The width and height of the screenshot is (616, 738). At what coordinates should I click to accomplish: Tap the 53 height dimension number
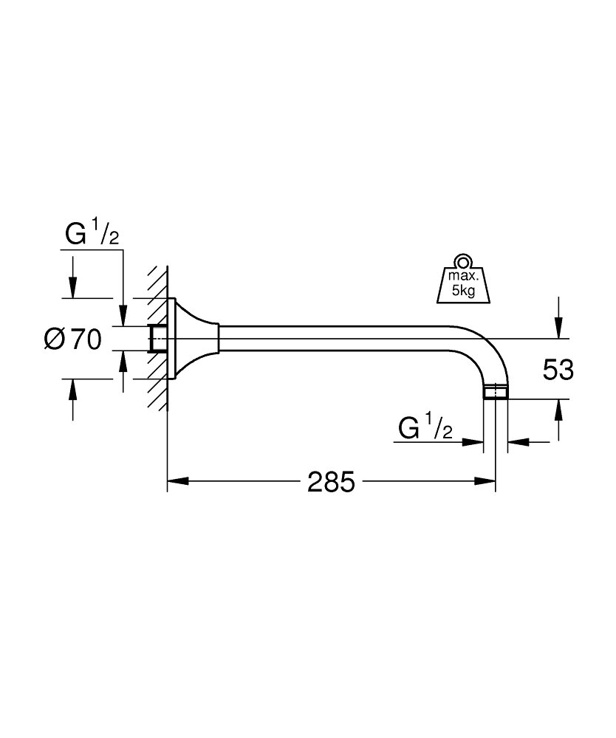tap(558, 370)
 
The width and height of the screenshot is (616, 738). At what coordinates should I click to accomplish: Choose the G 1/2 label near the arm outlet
tap(425, 428)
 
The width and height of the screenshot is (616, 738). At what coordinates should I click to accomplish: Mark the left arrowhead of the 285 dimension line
tap(175, 483)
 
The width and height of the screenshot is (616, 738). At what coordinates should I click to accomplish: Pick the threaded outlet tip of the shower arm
tap(494, 392)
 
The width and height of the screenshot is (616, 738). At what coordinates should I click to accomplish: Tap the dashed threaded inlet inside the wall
tap(157, 339)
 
